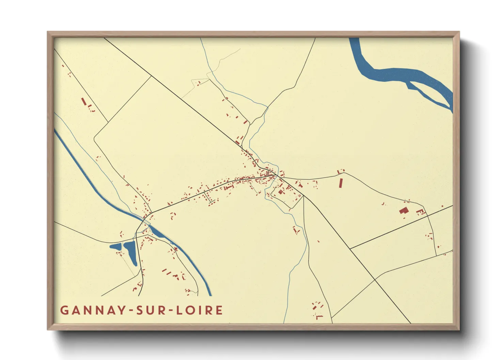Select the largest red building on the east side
click(x=404, y=210)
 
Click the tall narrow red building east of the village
click(x=340, y=183)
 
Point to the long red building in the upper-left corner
click(x=83, y=101)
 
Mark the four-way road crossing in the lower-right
click(x=375, y=280)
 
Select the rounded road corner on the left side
click(x=95, y=138)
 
